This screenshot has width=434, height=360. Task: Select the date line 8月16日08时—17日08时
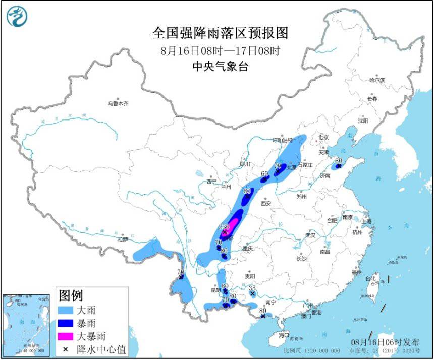220,50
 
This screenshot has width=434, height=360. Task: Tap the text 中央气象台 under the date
220,66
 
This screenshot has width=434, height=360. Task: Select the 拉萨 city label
123,239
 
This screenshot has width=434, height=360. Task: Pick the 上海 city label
368,222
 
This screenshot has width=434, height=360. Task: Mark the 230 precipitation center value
225,227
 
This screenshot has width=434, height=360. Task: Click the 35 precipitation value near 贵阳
253,287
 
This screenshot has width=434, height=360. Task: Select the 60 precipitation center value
264,174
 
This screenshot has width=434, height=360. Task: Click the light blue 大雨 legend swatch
66,310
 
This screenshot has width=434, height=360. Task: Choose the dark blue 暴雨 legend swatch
66,323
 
